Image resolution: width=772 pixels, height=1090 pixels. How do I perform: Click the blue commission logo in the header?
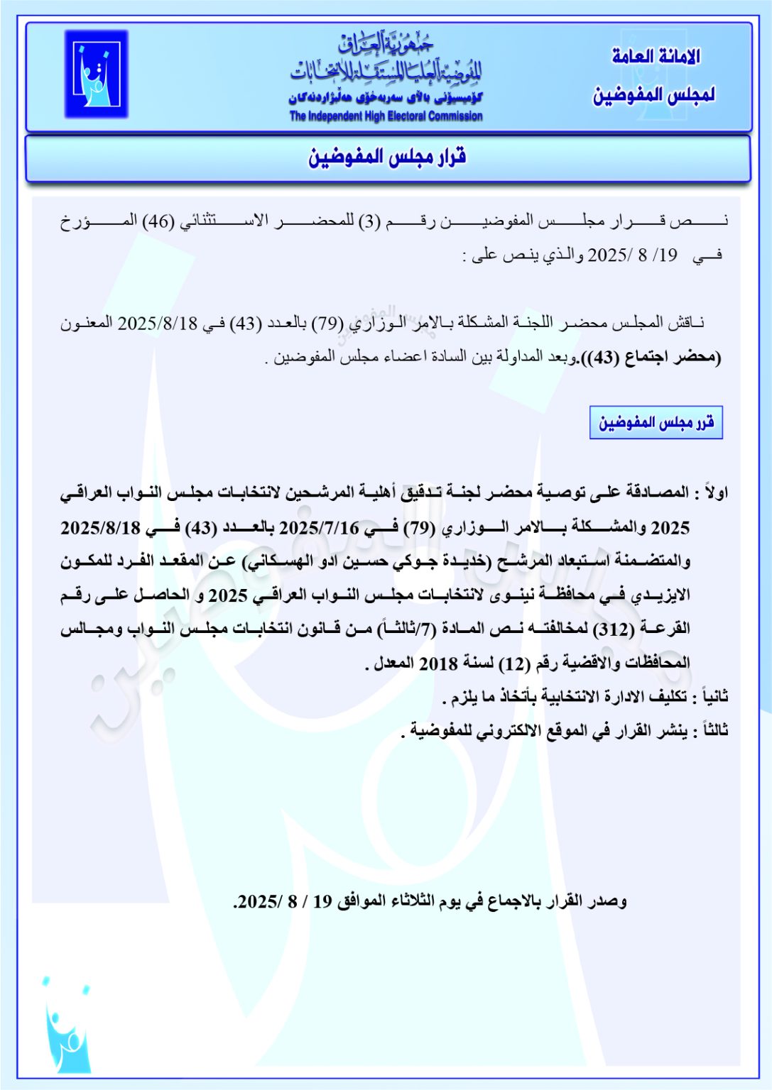pos(97,74)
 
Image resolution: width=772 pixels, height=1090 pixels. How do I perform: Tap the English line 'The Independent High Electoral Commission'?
pos(386,116)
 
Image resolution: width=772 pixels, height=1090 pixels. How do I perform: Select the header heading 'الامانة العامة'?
pos(656,57)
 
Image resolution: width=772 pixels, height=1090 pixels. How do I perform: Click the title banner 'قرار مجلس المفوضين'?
pos(387,157)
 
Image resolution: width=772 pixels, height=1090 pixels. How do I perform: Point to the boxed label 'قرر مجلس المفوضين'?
pos(656,423)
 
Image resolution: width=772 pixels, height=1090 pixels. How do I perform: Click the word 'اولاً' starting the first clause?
pos(712,492)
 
